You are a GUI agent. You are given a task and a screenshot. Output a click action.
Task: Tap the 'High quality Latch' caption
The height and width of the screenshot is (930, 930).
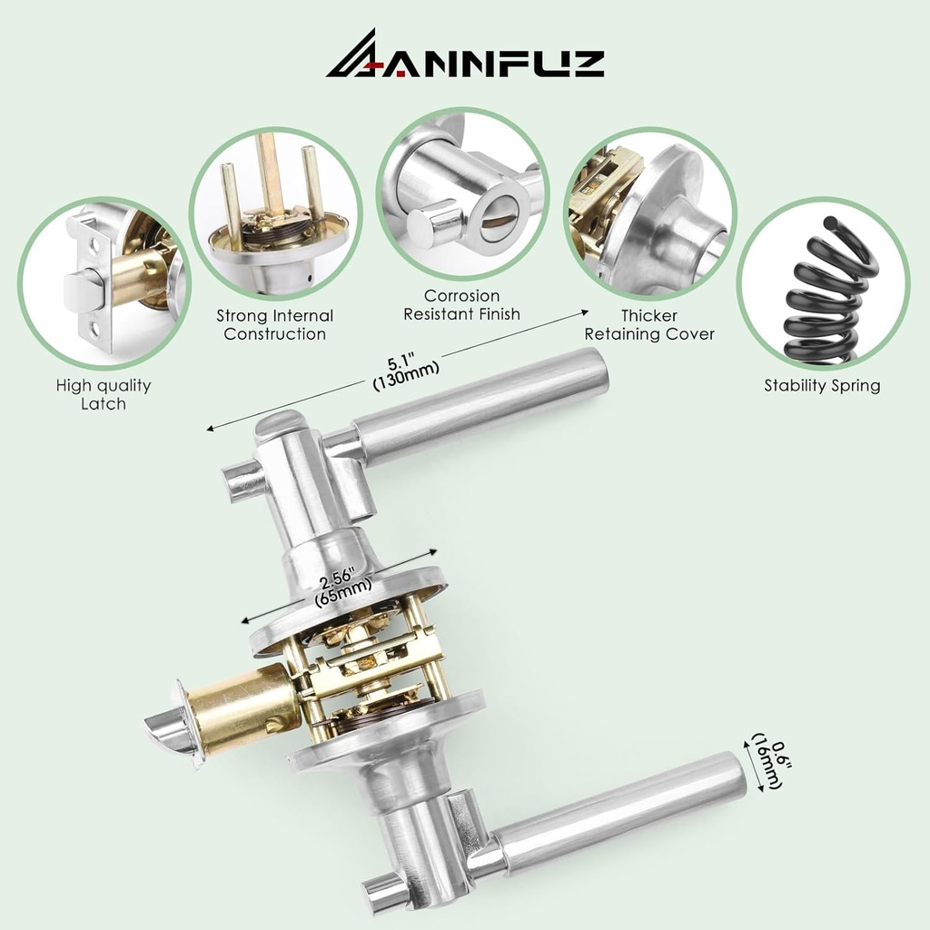coord(104,394)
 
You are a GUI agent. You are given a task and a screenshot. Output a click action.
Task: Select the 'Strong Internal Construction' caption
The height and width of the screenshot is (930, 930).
coord(274,324)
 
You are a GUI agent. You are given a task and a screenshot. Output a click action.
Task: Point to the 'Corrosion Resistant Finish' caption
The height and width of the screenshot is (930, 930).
coord(461,305)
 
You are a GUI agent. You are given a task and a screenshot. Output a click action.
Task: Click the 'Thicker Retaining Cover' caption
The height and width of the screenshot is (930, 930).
coord(649,324)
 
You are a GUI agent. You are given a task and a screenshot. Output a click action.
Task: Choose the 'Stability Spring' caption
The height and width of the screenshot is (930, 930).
coord(822,385)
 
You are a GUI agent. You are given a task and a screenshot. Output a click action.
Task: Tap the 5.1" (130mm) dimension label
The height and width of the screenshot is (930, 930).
coord(405,372)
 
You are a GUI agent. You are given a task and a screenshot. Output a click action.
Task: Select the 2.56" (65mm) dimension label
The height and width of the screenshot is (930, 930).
coord(341,584)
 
